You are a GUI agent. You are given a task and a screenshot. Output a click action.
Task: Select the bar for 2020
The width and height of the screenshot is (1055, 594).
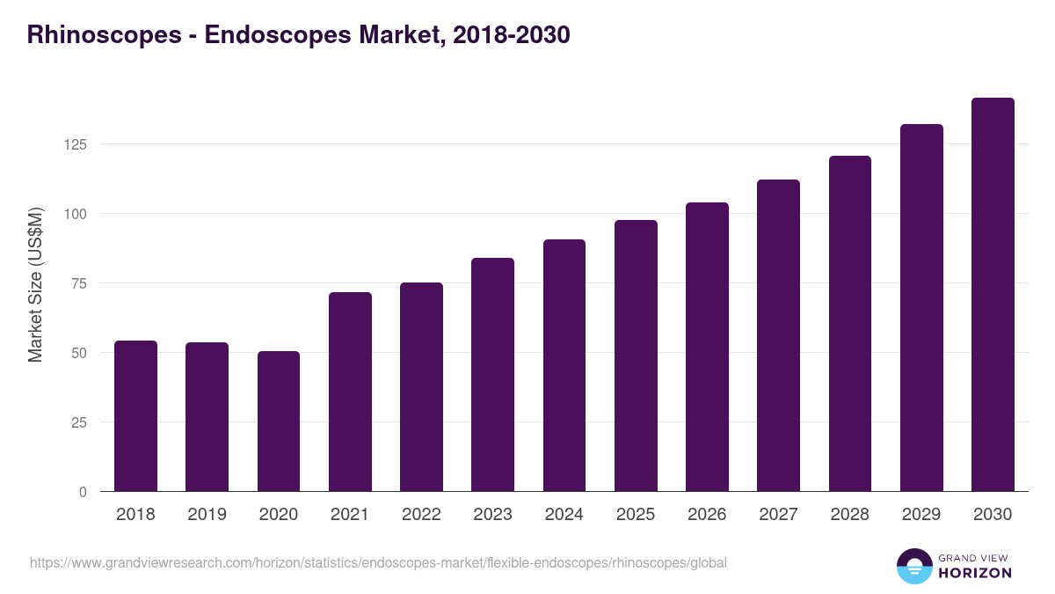pyautogui.click(x=279, y=422)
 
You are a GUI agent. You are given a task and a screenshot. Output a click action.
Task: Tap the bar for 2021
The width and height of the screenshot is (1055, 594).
pyautogui.click(x=350, y=392)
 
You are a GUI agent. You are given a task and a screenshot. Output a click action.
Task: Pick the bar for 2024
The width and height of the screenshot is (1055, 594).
pyautogui.click(x=564, y=365)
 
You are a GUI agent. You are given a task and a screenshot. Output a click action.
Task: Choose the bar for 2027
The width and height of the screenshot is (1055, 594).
pyautogui.click(x=778, y=335)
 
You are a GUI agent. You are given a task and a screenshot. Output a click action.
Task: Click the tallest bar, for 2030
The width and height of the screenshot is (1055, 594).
pyautogui.click(x=993, y=295)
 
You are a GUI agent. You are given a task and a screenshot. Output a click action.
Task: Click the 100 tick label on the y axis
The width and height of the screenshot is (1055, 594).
pyautogui.click(x=76, y=214)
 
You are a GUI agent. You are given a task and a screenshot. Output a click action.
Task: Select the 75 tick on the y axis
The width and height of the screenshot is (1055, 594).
pyautogui.click(x=80, y=283)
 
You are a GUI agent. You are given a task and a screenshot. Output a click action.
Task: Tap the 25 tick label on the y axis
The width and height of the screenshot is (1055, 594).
pyautogui.click(x=80, y=422)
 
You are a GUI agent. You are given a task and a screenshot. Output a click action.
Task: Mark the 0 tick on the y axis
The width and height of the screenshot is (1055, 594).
pyautogui.click(x=84, y=492)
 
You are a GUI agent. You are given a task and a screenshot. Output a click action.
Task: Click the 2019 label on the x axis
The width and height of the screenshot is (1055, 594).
pyautogui.click(x=207, y=515)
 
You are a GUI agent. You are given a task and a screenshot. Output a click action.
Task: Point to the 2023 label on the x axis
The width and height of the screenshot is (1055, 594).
pyautogui.click(x=492, y=515)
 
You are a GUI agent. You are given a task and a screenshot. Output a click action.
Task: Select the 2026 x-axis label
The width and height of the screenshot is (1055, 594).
pyautogui.click(x=707, y=515)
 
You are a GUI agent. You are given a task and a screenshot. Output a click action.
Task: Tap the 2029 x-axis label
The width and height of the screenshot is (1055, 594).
pyautogui.click(x=921, y=515)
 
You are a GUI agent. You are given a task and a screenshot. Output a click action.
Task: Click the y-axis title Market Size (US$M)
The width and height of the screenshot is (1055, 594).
pyautogui.click(x=35, y=284)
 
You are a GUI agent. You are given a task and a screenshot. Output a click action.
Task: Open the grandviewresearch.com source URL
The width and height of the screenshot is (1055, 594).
pyautogui.click(x=378, y=562)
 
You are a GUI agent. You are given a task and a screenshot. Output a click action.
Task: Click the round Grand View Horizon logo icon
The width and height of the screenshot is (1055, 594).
pyautogui.click(x=914, y=566)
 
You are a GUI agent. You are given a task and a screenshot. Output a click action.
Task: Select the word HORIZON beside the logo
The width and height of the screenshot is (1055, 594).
pyautogui.click(x=975, y=573)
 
